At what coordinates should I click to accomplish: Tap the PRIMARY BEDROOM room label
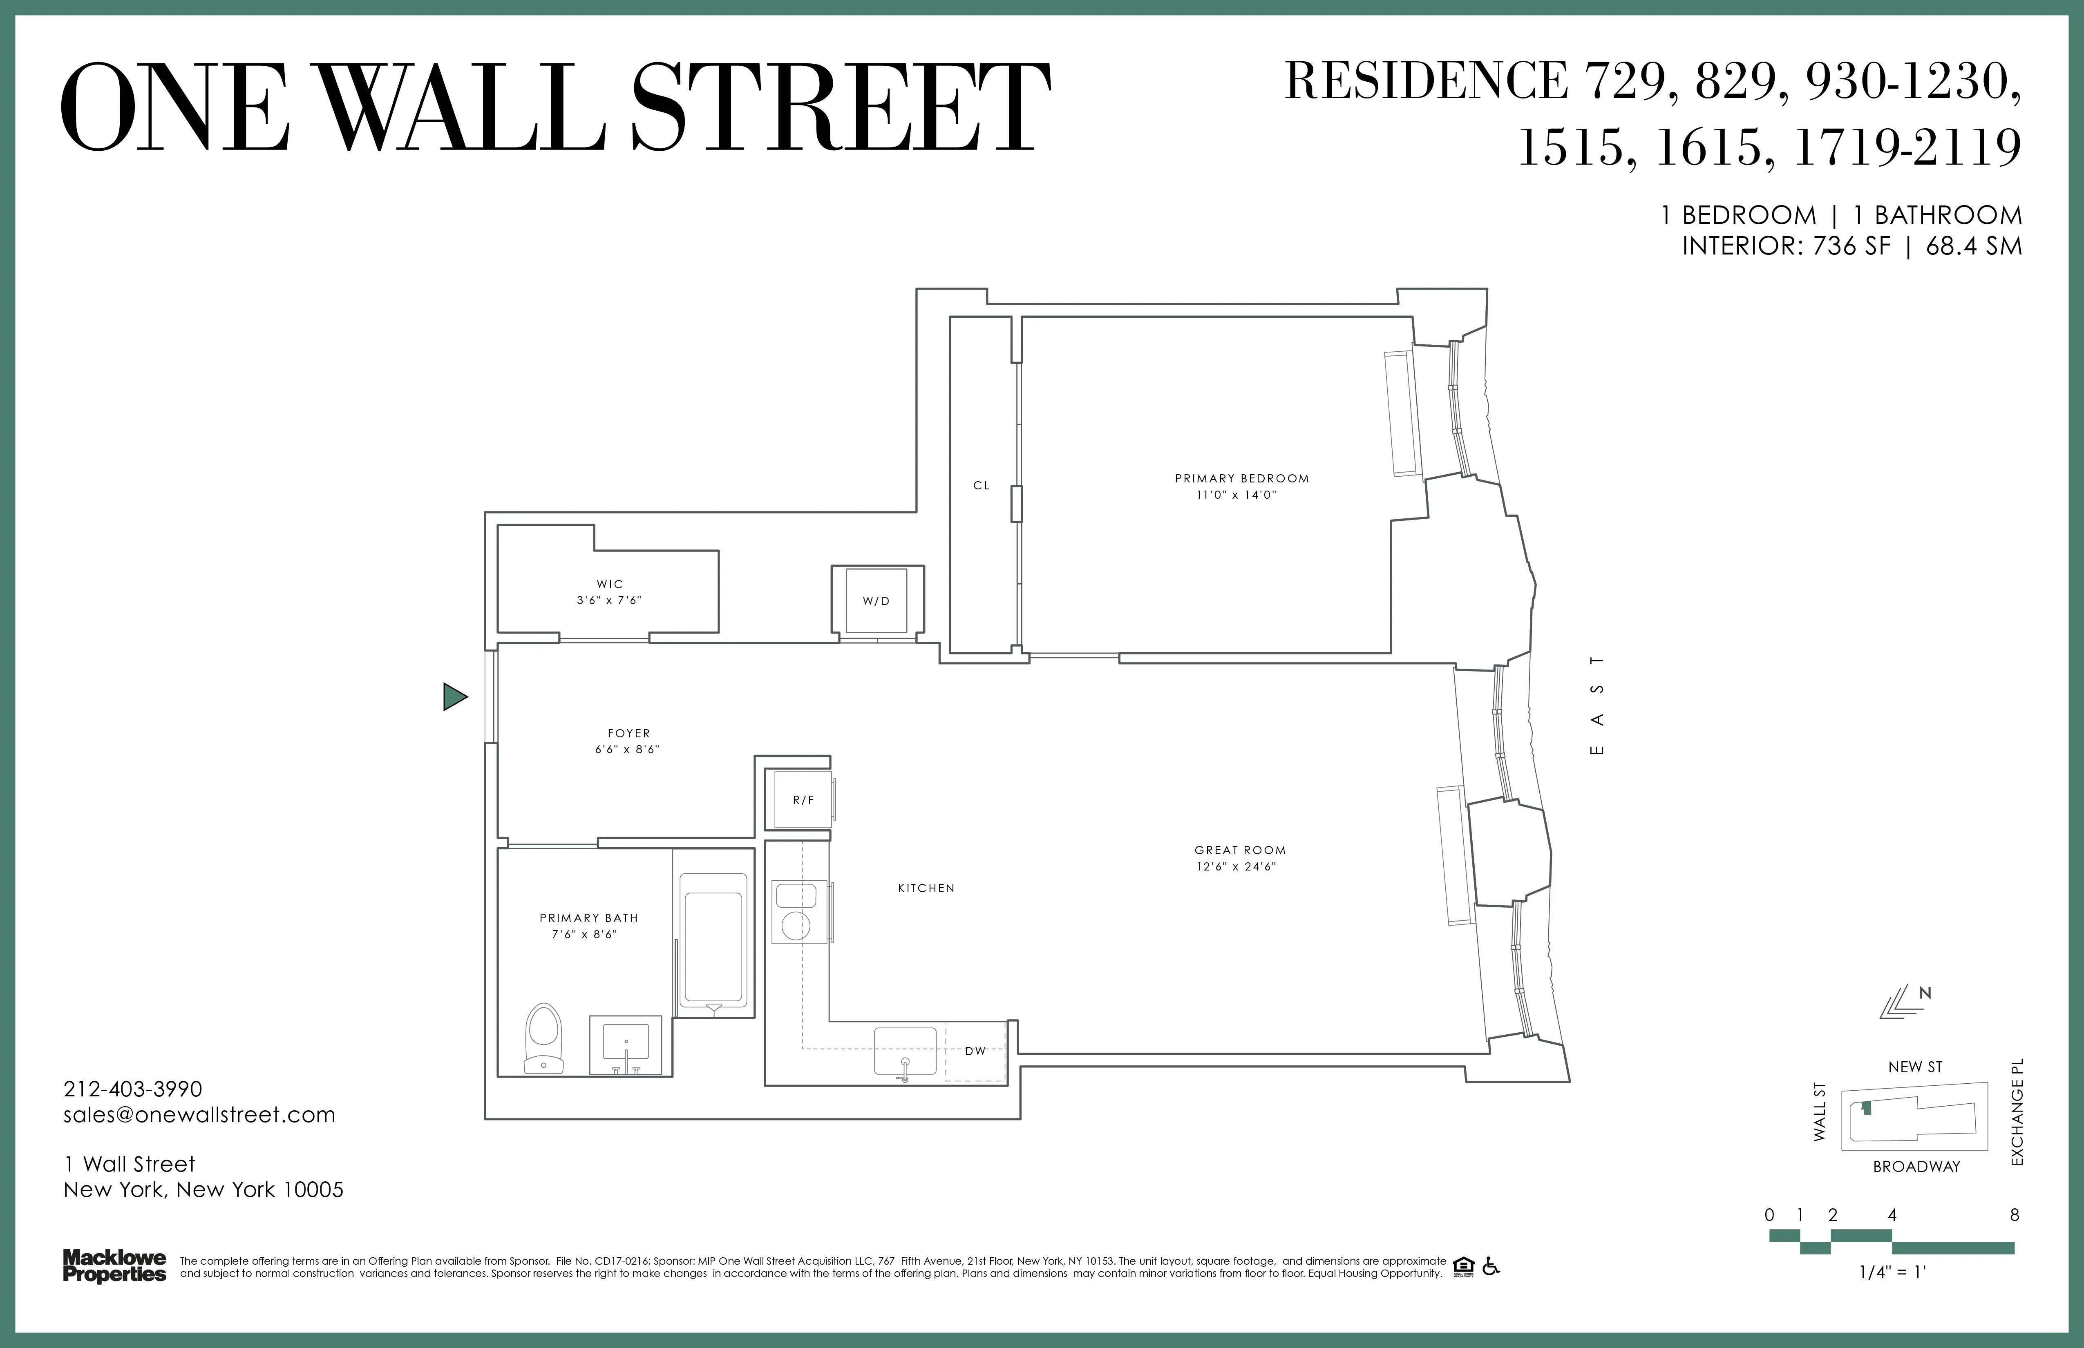[x=1242, y=479]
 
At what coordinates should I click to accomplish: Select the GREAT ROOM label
[x=1240, y=850]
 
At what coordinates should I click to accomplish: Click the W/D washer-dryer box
[x=877, y=600]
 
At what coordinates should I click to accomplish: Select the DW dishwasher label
[x=975, y=1051]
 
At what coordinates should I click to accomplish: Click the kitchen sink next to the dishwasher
[x=906, y=1050]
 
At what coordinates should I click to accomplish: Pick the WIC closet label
[x=610, y=584]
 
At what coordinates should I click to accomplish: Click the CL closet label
[x=982, y=485]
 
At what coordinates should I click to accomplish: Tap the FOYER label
[x=629, y=734]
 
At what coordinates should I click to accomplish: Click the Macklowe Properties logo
[x=114, y=1266]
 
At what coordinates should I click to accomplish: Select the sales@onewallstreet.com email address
[x=200, y=1114]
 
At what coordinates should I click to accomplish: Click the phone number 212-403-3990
[x=133, y=1089]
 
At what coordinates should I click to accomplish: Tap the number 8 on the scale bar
[x=2014, y=1215]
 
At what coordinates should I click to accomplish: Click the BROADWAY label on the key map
[x=1916, y=1166]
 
